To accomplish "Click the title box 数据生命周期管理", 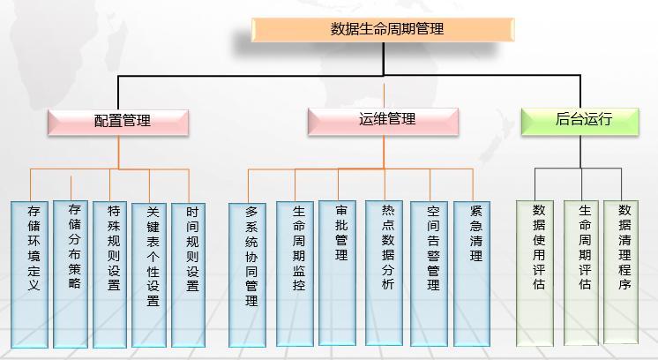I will pos(382,29).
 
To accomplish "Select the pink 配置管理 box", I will pos(118,122).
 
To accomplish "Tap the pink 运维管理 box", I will pos(383,121).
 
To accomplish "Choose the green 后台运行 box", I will pos(579,120).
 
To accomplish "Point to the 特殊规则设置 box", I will pos(111,274).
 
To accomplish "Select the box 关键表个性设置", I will pos(150,274).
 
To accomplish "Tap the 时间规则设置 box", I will pos(189,274).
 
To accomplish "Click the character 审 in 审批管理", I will pos(340,212).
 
